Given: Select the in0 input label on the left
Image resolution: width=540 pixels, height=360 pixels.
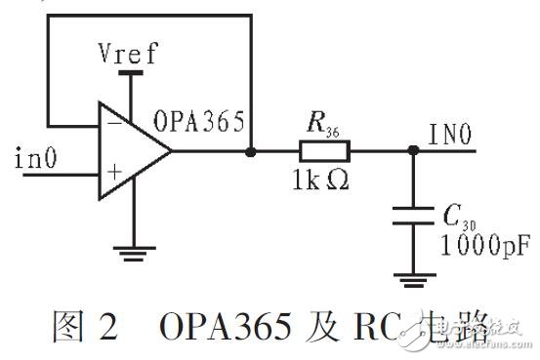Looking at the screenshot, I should pyautogui.click(x=37, y=155).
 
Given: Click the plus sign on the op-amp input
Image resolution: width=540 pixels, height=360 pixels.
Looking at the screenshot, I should pyautogui.click(x=113, y=174).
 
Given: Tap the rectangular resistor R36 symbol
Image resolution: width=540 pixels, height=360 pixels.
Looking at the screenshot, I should pyautogui.click(x=325, y=151).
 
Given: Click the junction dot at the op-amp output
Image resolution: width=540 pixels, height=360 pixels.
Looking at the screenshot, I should pyautogui.click(x=251, y=151).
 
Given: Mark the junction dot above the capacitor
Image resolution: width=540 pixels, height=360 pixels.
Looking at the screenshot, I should pyautogui.click(x=412, y=151).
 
